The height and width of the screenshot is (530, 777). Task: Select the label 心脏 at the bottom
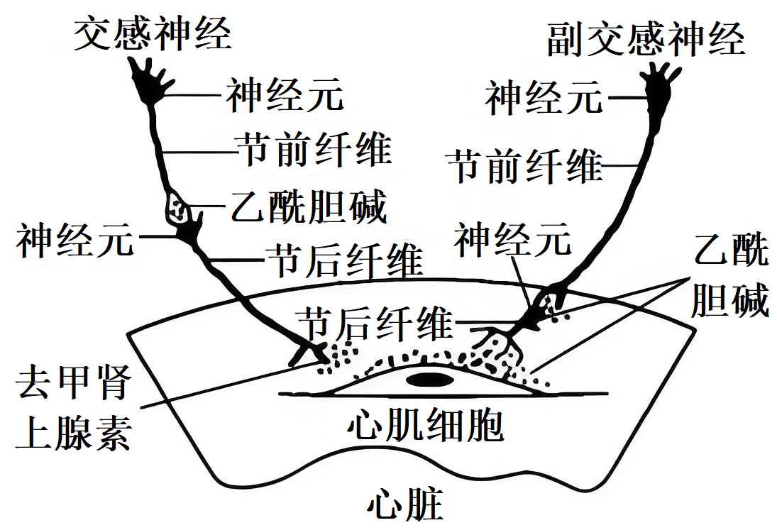[405, 506]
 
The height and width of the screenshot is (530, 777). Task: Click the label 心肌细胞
[426, 425]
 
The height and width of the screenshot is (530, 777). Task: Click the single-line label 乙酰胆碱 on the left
[309, 207]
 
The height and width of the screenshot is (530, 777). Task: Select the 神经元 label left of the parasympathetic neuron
[544, 97]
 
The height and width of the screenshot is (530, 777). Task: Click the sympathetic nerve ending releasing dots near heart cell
[312, 353]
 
